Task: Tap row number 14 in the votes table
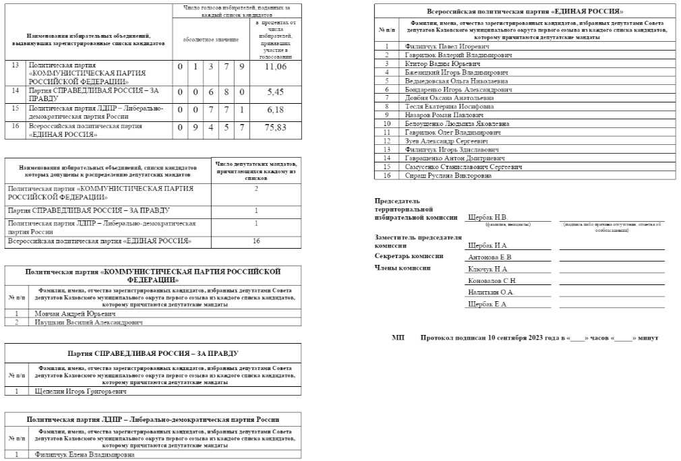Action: [x=16, y=90]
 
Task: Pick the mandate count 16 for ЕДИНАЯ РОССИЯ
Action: [x=256, y=241]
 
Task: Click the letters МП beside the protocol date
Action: [x=398, y=337]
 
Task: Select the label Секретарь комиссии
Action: [x=409, y=256]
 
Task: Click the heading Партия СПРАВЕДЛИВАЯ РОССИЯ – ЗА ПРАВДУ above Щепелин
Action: [x=153, y=353]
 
